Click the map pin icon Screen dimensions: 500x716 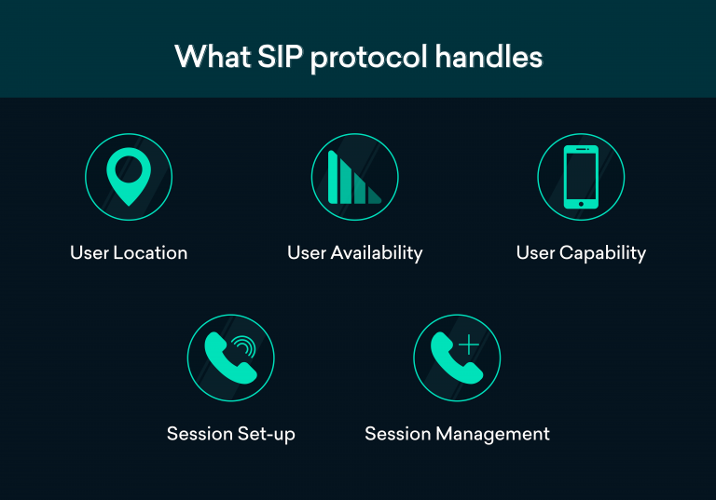[129, 177]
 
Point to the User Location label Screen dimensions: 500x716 [129, 253]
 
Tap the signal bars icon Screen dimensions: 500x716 [354, 177]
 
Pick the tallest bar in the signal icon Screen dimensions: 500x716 [334, 177]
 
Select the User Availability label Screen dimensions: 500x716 [354, 253]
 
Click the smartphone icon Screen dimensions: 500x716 [581, 177]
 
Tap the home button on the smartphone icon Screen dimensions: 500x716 [581, 203]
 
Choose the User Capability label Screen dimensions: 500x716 [581, 253]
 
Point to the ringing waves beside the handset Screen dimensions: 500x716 [245, 347]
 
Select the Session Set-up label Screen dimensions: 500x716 [231, 434]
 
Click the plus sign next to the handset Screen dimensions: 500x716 [469, 345]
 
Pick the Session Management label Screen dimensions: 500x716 [457, 434]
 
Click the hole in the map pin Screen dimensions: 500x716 [129, 169]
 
